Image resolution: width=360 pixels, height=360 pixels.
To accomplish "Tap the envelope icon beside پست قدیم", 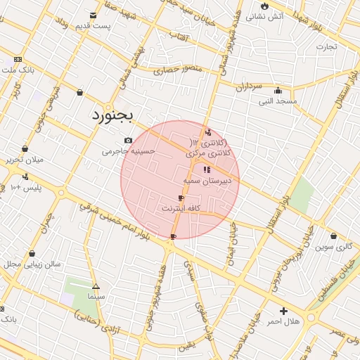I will pyautogui.click(x=94, y=15).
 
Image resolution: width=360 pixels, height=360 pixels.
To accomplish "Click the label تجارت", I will pyautogui.click(x=326, y=47).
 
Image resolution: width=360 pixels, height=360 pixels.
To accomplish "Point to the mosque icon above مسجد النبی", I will pyautogui.click(x=278, y=90).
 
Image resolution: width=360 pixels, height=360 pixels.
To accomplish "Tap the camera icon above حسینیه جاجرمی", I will pyautogui.click(x=127, y=140).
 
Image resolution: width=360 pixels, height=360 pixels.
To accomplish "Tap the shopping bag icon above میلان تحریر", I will pyautogui.click(x=25, y=148).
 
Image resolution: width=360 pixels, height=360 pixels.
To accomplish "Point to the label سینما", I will pyautogui.click(x=96, y=297).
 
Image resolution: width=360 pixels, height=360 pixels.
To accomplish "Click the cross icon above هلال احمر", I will pyautogui.click(x=283, y=311).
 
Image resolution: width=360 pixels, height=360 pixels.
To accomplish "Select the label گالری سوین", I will pyautogui.click(x=333, y=247).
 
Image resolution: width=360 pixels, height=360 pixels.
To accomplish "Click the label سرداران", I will pyautogui.click(x=248, y=86).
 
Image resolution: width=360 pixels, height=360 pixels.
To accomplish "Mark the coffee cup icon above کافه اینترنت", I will pyautogui.click(x=181, y=198).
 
